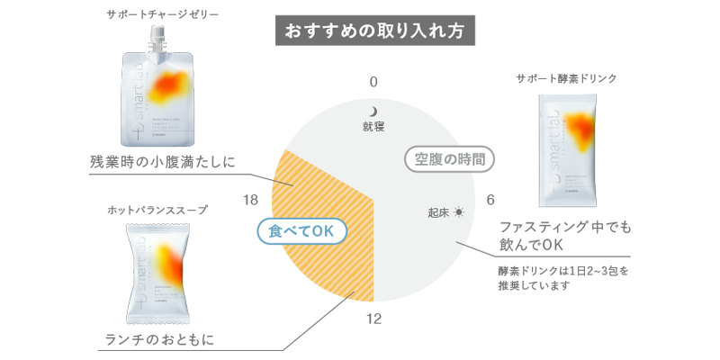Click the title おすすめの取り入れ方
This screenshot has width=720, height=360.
tap(374, 30)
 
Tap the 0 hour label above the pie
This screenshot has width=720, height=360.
tap(373, 82)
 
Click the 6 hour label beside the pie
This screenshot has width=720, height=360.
tap(491, 200)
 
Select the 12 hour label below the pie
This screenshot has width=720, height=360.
tap(374, 318)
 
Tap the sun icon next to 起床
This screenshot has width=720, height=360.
tap(460, 212)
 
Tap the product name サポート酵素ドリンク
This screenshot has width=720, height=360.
tap(567, 78)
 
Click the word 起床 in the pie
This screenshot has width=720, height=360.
tap(438, 213)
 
